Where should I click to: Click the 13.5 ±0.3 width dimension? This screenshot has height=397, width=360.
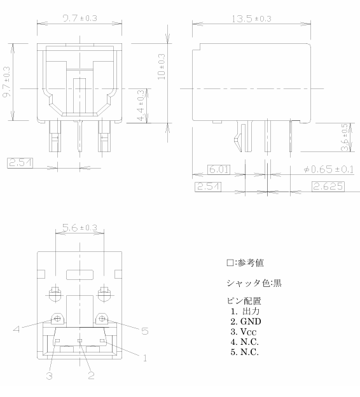click(251, 18)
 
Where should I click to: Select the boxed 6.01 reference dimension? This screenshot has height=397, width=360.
click(219, 169)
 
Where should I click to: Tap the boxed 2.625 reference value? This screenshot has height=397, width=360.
click(328, 186)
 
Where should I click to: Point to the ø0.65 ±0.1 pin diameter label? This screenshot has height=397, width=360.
click(329, 169)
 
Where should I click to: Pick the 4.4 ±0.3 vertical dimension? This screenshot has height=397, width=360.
click(141, 106)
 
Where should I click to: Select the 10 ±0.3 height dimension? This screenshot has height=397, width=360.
click(161, 67)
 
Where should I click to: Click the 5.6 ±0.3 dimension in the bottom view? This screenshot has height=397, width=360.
click(80, 228)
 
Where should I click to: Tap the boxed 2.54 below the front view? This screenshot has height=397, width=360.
click(20, 163)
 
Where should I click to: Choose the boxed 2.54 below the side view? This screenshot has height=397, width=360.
click(208, 186)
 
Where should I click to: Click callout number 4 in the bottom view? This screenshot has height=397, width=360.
click(17, 329)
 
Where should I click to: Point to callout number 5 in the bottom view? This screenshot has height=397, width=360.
click(145, 331)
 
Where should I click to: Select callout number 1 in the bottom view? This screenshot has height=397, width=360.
click(145, 358)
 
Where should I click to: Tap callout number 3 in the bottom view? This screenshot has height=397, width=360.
click(50, 376)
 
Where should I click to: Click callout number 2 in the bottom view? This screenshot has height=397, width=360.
click(91, 375)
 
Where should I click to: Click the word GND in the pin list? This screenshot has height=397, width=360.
click(251, 321)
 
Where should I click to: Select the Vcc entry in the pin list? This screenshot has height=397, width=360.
click(248, 331)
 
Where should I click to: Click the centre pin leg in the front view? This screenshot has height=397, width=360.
click(80, 136)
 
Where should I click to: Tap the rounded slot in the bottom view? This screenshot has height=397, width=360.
click(80, 275)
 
